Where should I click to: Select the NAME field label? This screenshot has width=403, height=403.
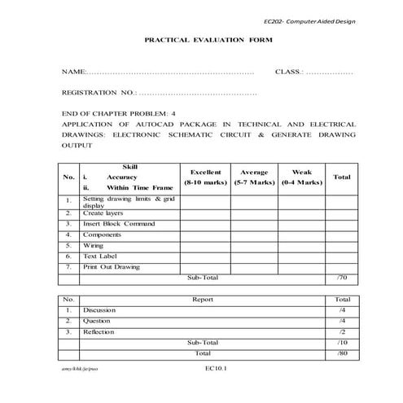72,72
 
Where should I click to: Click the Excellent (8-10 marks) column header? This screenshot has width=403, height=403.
205,177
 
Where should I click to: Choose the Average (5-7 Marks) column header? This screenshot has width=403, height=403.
254,177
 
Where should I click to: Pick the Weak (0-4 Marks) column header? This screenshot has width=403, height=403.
301,177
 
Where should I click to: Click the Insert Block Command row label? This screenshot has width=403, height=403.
119,223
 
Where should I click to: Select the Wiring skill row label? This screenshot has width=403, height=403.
94,244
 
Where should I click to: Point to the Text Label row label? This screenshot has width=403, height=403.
100,256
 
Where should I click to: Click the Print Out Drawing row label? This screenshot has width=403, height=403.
112,266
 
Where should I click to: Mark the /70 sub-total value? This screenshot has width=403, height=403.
342,278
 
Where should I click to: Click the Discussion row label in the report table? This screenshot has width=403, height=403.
99,310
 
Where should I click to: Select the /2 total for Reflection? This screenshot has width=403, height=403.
342,332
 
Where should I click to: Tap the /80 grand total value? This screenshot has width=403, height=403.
342,353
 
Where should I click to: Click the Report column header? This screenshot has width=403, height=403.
203,299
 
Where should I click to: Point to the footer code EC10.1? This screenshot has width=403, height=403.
216,369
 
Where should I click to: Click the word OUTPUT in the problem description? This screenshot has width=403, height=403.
77,146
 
